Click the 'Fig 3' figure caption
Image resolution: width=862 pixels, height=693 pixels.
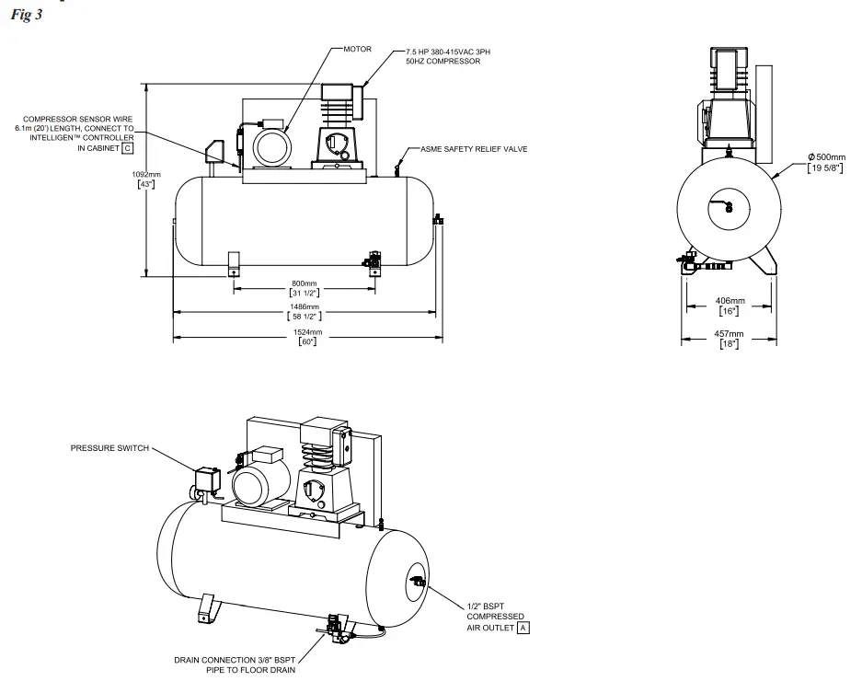[26, 17]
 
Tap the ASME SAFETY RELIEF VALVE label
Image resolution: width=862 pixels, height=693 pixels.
[473, 148]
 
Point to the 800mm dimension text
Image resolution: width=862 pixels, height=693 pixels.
[305, 283]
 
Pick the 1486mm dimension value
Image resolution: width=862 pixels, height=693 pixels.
[305, 306]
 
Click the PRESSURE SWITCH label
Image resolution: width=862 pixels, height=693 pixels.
[109, 448]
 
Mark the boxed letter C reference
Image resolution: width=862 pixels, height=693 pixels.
[128, 147]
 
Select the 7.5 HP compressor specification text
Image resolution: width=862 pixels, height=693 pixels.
[448, 53]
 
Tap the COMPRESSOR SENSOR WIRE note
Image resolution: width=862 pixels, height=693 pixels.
[78, 133]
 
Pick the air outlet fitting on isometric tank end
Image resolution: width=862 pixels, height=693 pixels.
[417, 582]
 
